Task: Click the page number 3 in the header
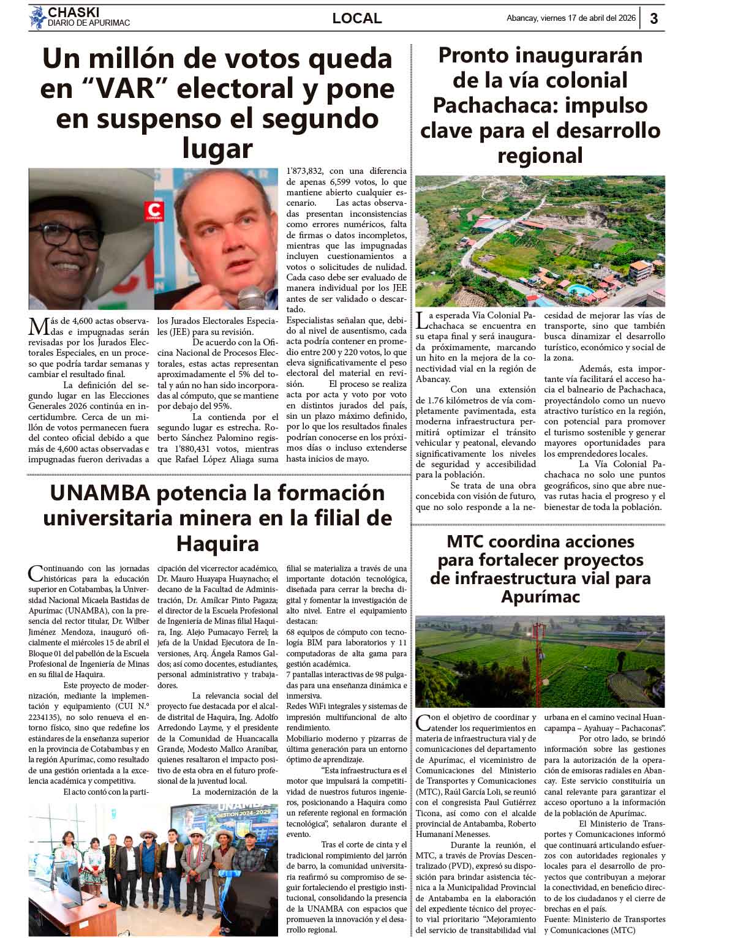click(x=654, y=18)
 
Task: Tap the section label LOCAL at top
click(x=357, y=18)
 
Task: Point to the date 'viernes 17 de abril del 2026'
click(x=570, y=18)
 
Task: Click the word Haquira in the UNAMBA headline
click(x=217, y=543)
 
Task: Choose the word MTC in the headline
click(x=470, y=542)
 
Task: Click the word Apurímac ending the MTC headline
click(x=540, y=596)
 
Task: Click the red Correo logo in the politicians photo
click(x=153, y=211)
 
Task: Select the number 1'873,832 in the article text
click(x=309, y=171)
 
